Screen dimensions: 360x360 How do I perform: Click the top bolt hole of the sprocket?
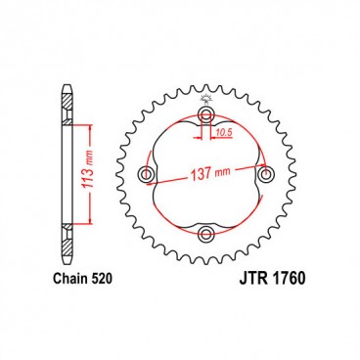[206, 116]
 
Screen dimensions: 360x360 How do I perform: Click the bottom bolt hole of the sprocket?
[206, 234]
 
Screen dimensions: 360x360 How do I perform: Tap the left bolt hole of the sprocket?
[148, 175]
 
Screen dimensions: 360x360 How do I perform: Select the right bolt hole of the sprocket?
[265, 175]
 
